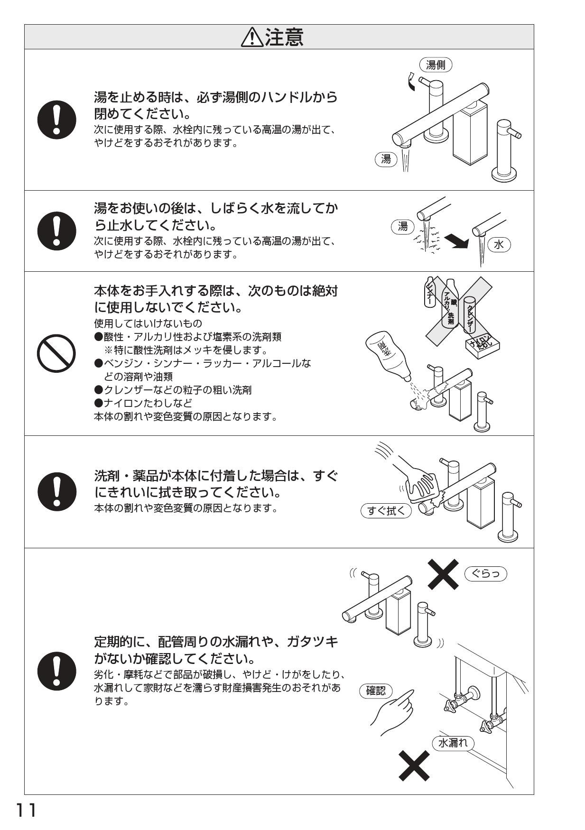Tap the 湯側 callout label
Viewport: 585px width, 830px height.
[436, 65]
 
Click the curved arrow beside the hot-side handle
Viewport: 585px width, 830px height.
[412, 82]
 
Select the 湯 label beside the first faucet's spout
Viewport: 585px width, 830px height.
[386, 159]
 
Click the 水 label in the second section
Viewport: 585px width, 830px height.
[499, 245]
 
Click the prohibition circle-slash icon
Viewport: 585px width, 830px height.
[56, 354]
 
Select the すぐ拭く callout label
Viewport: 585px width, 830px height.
[386, 511]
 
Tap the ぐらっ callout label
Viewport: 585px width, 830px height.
[485, 573]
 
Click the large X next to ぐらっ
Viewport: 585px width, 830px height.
[443, 573]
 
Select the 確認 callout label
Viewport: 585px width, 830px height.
[376, 691]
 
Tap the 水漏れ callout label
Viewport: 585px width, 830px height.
[453, 743]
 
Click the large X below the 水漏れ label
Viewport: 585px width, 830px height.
[414, 765]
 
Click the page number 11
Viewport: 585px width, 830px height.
[27, 811]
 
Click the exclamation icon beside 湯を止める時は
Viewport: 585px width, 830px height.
[56, 120]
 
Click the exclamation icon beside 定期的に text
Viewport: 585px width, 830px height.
[56, 672]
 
